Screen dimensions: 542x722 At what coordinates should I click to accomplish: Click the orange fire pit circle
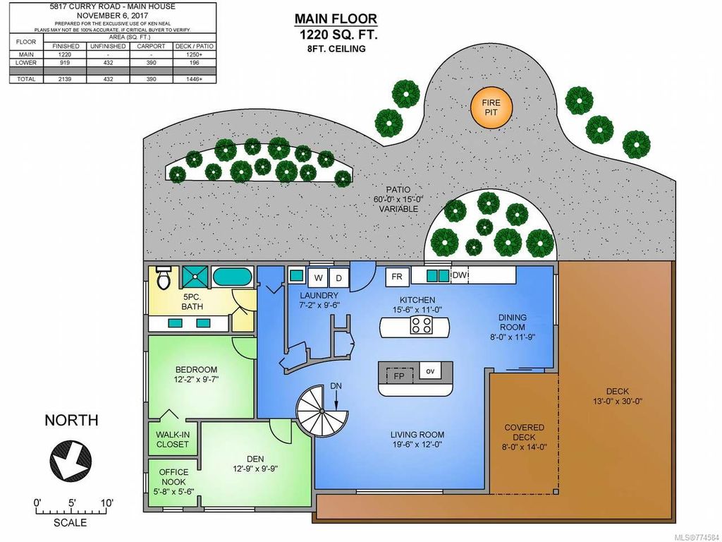(491, 108)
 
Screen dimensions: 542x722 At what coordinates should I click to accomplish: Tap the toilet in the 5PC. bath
(164, 278)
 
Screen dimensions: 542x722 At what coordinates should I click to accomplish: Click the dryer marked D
(338, 277)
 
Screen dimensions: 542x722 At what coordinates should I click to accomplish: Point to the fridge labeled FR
(397, 276)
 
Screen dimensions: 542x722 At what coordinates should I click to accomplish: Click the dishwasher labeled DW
(458, 275)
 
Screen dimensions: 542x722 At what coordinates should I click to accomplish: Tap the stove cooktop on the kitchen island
(422, 325)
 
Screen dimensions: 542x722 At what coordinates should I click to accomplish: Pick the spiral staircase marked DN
(322, 415)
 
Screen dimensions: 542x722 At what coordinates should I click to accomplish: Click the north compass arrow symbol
(70, 461)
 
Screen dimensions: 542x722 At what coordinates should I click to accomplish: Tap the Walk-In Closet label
(173, 439)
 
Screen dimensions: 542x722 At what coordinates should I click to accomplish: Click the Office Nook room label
(172, 477)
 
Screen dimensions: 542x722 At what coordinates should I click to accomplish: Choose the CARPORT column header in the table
(151, 45)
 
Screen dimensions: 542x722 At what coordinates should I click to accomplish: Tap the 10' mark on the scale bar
(106, 503)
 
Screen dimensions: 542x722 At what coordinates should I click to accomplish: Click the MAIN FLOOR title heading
(336, 19)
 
